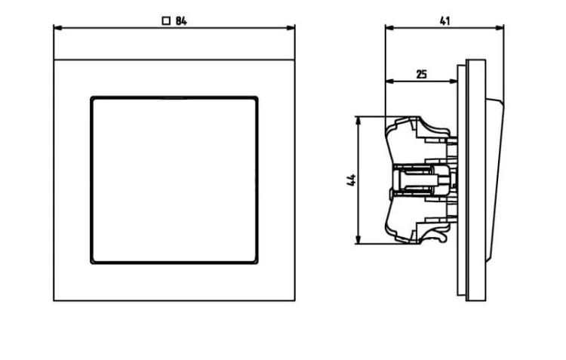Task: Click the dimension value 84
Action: pyautogui.click(x=181, y=21)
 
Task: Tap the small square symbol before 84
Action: pyautogui.click(x=166, y=21)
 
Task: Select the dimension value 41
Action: pyautogui.click(x=445, y=21)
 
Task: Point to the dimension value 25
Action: pyautogui.click(x=422, y=75)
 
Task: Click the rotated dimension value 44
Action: pyautogui.click(x=351, y=180)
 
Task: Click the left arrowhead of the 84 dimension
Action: pyautogui.click(x=58, y=28)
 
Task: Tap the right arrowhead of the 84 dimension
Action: pyautogui.click(x=291, y=28)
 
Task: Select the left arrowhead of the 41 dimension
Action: pyautogui.click(x=390, y=28)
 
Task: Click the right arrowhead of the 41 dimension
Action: pyautogui.click(x=500, y=28)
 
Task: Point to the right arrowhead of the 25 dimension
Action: pyautogui.click(x=453, y=82)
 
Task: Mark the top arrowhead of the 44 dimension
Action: pyautogui.click(x=358, y=122)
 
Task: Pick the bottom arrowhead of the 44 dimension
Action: pyautogui.click(x=358, y=239)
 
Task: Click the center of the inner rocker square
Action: pyautogui.click(x=174, y=180)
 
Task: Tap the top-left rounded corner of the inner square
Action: pyautogui.click(x=92, y=98)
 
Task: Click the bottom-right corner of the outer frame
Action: pyautogui.click(x=295, y=300)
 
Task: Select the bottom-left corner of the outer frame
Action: pyautogui.click(x=54, y=300)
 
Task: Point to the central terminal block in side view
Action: pyautogui.click(x=423, y=180)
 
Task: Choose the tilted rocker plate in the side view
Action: pyautogui.click(x=495, y=180)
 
